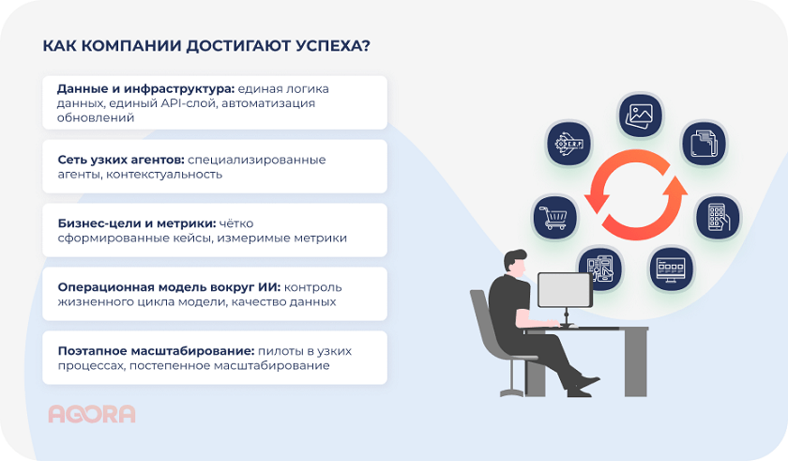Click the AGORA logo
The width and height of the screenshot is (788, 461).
[x=91, y=413]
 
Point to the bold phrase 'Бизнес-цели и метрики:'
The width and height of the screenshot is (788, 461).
[x=135, y=223]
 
